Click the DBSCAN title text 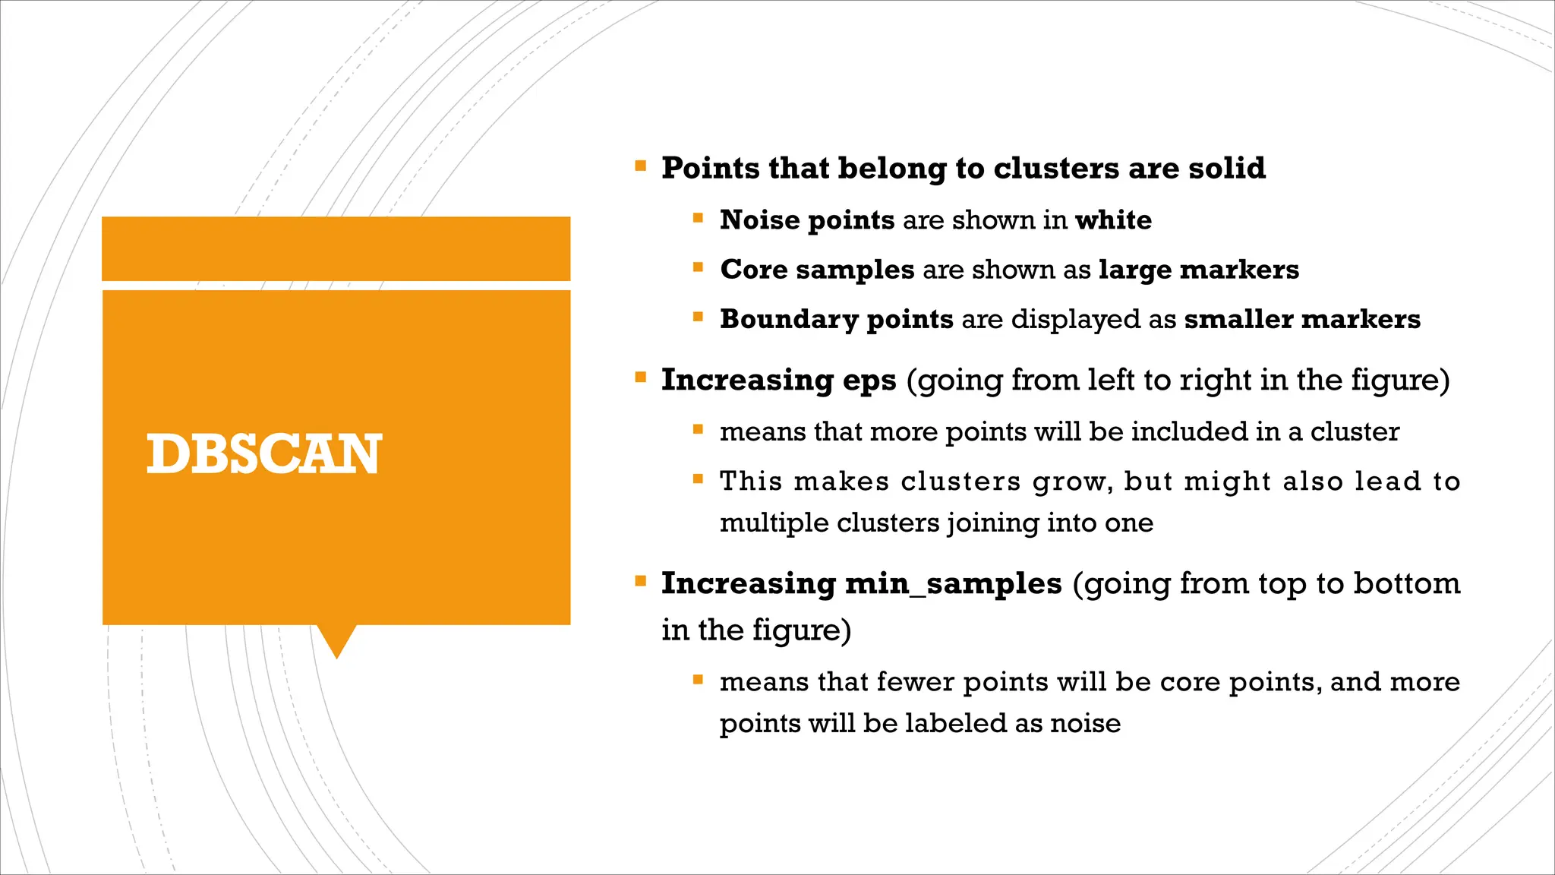point(263,454)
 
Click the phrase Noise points point(807,220)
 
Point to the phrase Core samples point(817,270)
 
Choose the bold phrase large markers point(1198,270)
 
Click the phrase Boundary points point(836,319)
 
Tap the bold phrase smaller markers point(1301,319)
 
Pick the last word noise point(1085,723)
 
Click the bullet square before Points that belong point(641,166)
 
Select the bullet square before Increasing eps point(641,377)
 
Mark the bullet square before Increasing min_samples point(641,581)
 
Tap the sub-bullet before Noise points point(698,218)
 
